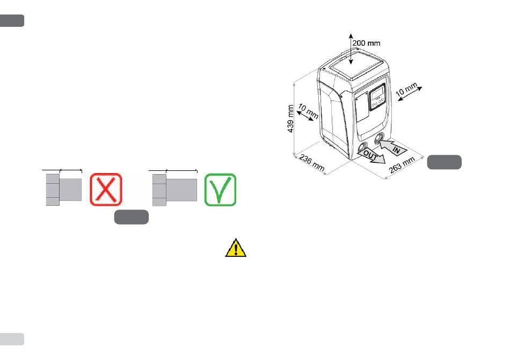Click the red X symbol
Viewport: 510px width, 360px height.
106,189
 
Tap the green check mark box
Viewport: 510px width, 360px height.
220,189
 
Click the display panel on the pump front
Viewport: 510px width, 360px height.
377,99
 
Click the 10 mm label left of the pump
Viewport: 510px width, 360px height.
309,113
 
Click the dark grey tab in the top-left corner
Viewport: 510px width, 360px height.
12,20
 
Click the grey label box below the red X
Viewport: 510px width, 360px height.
131,218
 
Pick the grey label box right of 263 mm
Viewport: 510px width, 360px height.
445,162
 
